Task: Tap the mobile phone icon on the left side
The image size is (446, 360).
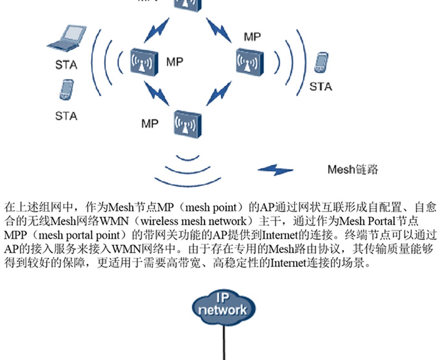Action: (66, 89)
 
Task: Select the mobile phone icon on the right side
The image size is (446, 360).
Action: (321, 63)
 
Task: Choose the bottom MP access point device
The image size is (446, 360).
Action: (187, 122)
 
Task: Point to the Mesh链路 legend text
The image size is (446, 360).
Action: (353, 170)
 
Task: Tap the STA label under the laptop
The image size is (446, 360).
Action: (66, 65)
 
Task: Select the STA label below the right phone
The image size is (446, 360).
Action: (320, 86)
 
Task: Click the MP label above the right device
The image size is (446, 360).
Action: (252, 37)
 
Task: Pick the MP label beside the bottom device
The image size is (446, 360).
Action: (150, 123)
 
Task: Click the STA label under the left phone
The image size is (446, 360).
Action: (66, 116)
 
